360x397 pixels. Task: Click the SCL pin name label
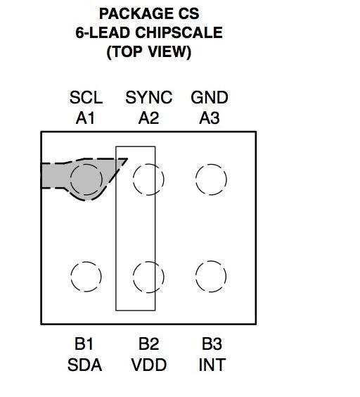86,97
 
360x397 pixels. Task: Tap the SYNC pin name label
149,97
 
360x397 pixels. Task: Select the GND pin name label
210,97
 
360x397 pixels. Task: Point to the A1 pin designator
85,118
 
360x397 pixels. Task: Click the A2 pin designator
149,118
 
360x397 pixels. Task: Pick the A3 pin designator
210,118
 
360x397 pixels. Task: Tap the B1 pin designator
84,344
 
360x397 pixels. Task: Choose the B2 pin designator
149,344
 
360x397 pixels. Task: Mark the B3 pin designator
212,344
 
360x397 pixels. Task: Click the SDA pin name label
85,365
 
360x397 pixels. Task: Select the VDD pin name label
149,365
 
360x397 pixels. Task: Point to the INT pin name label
212,365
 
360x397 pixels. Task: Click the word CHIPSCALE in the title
179,32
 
